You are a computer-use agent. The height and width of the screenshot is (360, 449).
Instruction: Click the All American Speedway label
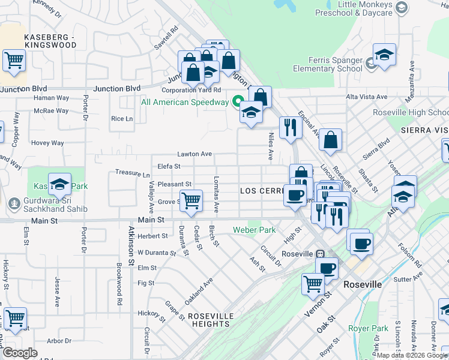[185, 102]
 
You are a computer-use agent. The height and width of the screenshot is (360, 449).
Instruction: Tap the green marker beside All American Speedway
[238, 101]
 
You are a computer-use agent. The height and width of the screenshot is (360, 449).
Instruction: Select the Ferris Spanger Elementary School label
[328, 64]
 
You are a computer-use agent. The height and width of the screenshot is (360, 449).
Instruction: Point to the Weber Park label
[261, 230]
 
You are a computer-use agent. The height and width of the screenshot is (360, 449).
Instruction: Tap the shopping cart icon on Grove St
[191, 200]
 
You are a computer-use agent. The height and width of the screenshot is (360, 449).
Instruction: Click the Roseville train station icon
[321, 253]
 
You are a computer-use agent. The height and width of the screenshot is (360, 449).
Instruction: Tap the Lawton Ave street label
[194, 154]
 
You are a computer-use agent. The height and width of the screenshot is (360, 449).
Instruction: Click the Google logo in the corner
[20, 353]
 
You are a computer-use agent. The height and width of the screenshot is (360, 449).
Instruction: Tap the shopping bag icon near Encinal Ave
[330, 140]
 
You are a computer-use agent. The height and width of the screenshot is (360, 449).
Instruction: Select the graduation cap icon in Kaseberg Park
[59, 185]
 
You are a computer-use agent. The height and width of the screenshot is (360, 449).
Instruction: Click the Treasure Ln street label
[133, 173]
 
